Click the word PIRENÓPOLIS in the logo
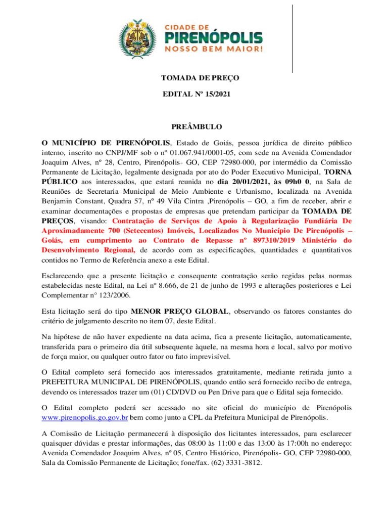click(x=215, y=38)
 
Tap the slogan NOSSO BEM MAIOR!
click(x=215, y=50)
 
